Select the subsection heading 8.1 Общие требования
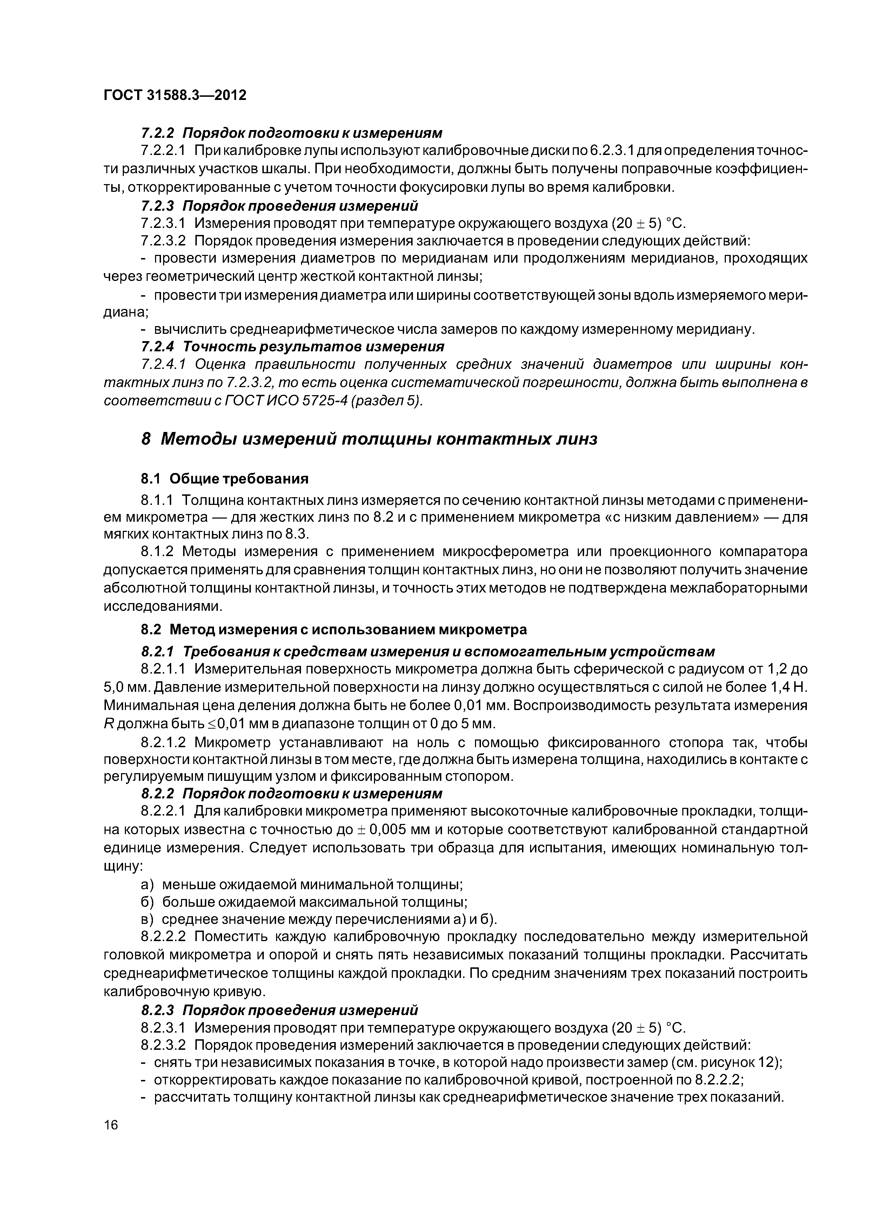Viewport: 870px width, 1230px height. (x=225, y=478)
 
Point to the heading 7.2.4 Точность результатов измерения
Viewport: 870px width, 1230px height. (x=293, y=347)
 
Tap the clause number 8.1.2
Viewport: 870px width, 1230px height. (x=157, y=552)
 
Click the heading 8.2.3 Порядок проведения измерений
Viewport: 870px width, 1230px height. (x=279, y=1010)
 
